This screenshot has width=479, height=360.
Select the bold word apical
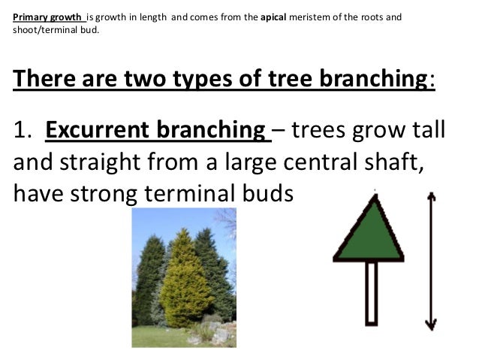pos(275,14)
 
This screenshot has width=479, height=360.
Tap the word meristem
pos(315,14)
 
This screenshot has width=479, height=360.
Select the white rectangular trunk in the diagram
pos(371,294)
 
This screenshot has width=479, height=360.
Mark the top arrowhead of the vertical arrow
pos(431,197)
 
